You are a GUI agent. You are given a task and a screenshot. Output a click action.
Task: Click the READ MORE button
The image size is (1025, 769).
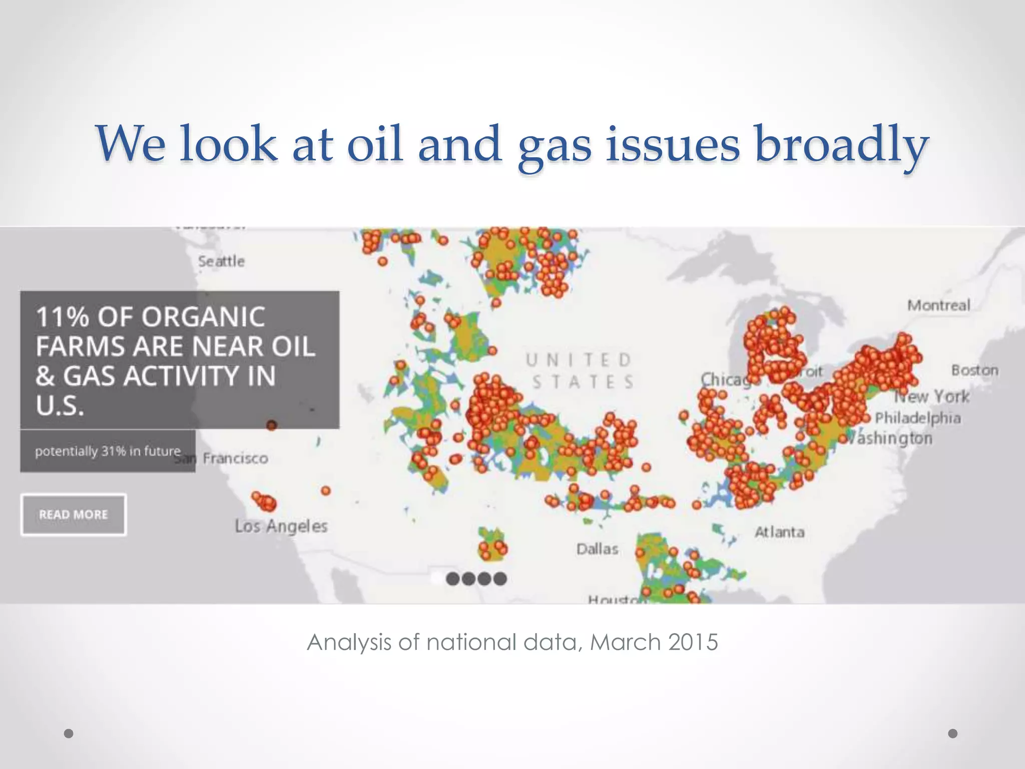[73, 515]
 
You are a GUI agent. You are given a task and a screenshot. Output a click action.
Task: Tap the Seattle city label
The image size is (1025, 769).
[221, 261]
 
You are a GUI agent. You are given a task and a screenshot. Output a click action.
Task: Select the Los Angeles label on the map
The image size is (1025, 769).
[281, 526]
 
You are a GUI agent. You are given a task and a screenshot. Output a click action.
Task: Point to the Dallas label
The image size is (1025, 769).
[597, 549]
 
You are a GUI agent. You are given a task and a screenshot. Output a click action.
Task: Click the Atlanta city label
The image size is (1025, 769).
[779, 532]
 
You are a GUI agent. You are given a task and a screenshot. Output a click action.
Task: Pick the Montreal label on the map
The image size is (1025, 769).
[938, 305]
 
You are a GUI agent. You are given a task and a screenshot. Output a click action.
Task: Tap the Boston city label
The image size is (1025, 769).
[974, 370]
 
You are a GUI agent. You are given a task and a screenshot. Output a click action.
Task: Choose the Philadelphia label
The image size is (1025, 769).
[918, 418]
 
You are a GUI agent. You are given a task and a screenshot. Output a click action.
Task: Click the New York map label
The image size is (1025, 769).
[932, 397]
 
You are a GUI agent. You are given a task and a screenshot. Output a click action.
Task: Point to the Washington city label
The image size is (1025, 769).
[891, 439]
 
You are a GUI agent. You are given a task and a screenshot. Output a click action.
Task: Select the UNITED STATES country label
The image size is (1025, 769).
[580, 371]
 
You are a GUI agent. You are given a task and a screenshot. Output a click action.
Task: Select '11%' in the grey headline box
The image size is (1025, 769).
[62, 317]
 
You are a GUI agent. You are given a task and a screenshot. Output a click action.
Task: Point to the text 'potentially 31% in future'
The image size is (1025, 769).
[107, 451]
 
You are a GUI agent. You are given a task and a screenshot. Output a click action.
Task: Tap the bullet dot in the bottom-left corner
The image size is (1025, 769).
[69, 733]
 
